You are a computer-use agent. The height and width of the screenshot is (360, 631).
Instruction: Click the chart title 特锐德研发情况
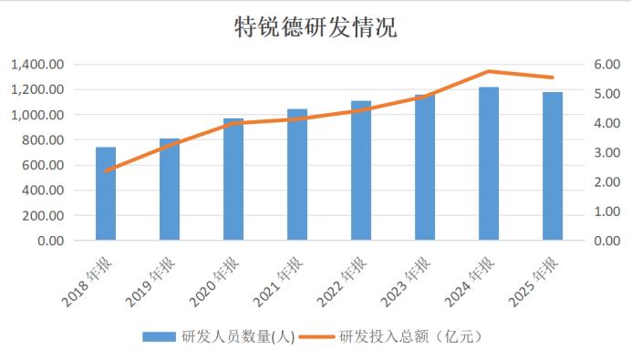click(315, 27)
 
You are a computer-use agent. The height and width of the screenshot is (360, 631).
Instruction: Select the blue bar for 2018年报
click(106, 194)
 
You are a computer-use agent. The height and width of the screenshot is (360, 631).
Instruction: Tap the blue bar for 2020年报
click(233, 180)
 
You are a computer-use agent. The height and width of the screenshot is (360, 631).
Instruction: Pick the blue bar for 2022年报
click(361, 170)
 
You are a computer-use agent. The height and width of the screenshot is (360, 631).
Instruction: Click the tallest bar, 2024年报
click(489, 164)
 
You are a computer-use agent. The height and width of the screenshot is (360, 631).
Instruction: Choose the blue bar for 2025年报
click(553, 166)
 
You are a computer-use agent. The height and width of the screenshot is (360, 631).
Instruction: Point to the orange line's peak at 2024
click(489, 71)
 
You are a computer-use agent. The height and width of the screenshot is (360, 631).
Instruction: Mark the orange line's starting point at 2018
click(106, 170)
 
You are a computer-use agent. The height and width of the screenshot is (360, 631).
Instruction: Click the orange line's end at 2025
click(553, 77)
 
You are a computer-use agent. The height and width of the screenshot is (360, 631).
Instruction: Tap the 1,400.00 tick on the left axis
click(37, 65)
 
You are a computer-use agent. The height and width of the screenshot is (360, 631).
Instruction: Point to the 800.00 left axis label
click(43, 140)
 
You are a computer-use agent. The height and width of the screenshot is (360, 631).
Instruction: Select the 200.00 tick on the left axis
click(43, 216)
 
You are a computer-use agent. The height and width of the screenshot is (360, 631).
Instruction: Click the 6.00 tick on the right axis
click(607, 65)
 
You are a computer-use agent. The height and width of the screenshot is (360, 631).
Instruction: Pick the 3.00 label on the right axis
click(607, 152)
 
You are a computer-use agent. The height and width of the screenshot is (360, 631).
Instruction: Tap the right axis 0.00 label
click(607, 241)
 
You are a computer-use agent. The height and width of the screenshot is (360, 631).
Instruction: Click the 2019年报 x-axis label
click(150, 281)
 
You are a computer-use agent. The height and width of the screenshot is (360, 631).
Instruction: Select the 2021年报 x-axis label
click(278, 281)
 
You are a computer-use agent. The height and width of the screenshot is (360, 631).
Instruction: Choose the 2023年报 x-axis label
click(406, 281)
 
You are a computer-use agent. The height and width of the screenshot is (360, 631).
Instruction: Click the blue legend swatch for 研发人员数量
click(159, 336)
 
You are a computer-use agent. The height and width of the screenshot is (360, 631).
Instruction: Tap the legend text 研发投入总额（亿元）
click(411, 336)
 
